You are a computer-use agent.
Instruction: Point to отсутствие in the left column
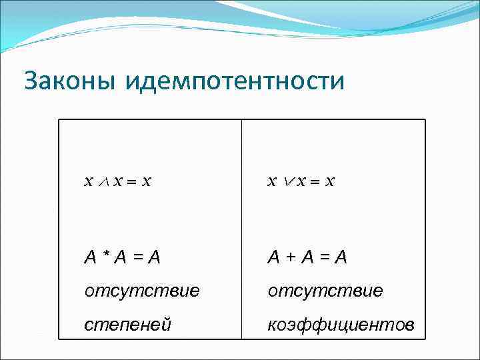point(141,291)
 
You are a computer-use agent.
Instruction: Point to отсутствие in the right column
point(325,291)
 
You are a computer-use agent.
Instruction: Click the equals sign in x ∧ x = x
point(133,181)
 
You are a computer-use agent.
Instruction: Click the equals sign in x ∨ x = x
point(316,181)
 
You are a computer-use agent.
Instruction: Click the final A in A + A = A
point(341,257)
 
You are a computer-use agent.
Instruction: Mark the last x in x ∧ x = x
point(147,181)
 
